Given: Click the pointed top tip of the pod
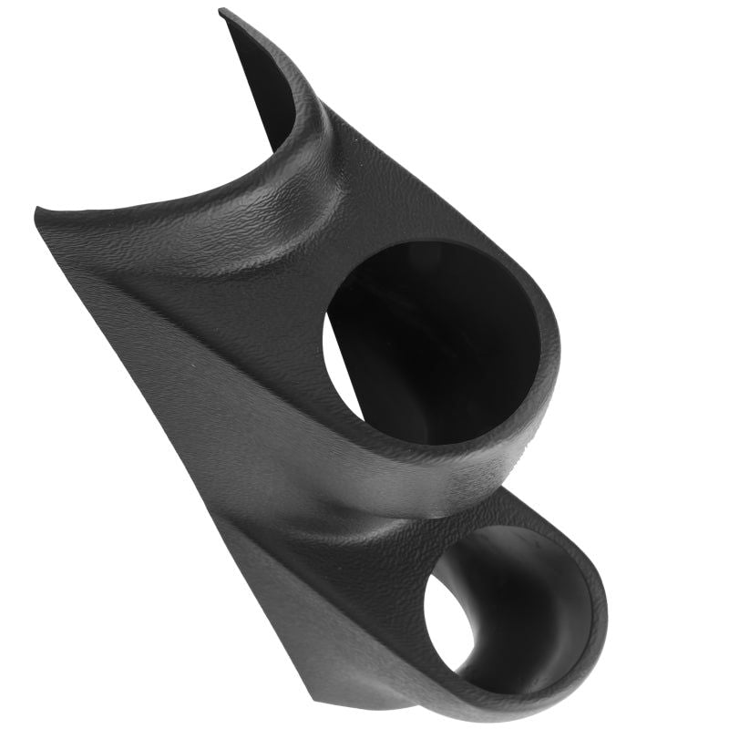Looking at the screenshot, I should [222, 11].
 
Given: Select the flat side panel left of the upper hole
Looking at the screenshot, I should [210, 364].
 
